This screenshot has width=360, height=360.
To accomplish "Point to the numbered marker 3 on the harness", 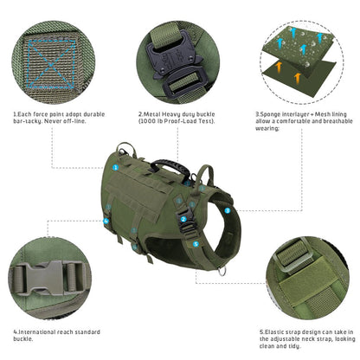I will [228, 209].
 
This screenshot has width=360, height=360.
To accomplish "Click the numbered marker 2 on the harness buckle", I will [183, 219].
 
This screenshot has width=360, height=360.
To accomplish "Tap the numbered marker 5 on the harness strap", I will [196, 244].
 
